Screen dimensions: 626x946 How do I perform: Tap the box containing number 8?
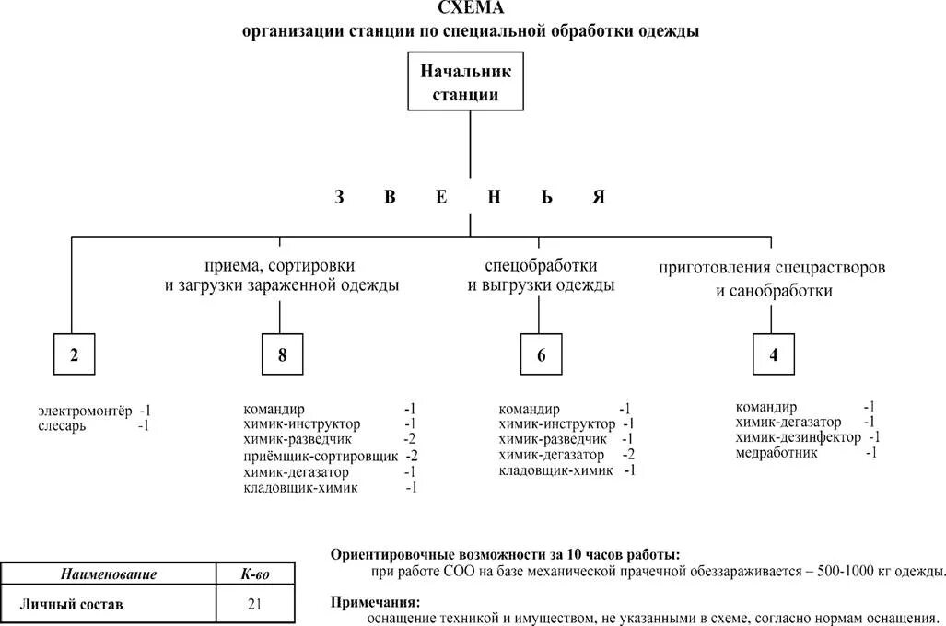[x=282, y=356]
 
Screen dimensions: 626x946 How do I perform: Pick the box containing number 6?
[x=542, y=356]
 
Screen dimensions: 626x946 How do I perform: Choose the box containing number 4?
[x=774, y=356]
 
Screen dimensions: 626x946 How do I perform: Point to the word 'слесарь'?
[x=62, y=426]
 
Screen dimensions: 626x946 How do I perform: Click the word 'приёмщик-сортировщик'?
[x=321, y=456]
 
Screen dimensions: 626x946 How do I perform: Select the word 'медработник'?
[x=774, y=453]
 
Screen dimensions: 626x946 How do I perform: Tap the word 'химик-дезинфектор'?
[x=799, y=437]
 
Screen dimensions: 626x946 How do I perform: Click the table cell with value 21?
[x=255, y=605]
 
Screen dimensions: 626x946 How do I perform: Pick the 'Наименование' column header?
[x=109, y=574]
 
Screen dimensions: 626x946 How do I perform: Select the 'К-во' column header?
[x=255, y=574]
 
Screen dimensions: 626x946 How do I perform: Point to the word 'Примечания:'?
[x=374, y=601]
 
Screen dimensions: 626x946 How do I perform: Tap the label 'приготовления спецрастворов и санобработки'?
[x=773, y=279]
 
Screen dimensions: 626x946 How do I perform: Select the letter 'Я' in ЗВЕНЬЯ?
[x=599, y=197]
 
